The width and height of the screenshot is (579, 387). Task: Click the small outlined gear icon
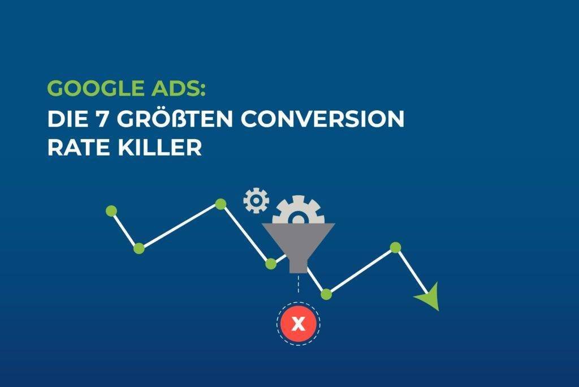pyautogui.click(x=256, y=201)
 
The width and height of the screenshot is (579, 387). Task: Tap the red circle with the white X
pyautogui.click(x=298, y=324)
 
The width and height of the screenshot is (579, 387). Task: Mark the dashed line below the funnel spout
pyautogui.click(x=298, y=289)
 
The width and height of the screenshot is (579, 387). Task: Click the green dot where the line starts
pyautogui.click(x=111, y=210)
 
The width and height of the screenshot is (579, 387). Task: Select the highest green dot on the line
pyautogui.click(x=221, y=204)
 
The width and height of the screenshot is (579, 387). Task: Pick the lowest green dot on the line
pyautogui.click(x=326, y=294)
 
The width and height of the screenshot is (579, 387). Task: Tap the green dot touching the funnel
pyautogui.click(x=271, y=263)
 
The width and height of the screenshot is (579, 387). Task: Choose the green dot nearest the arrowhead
pyautogui.click(x=395, y=247)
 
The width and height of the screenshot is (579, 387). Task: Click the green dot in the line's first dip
pyautogui.click(x=139, y=248)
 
